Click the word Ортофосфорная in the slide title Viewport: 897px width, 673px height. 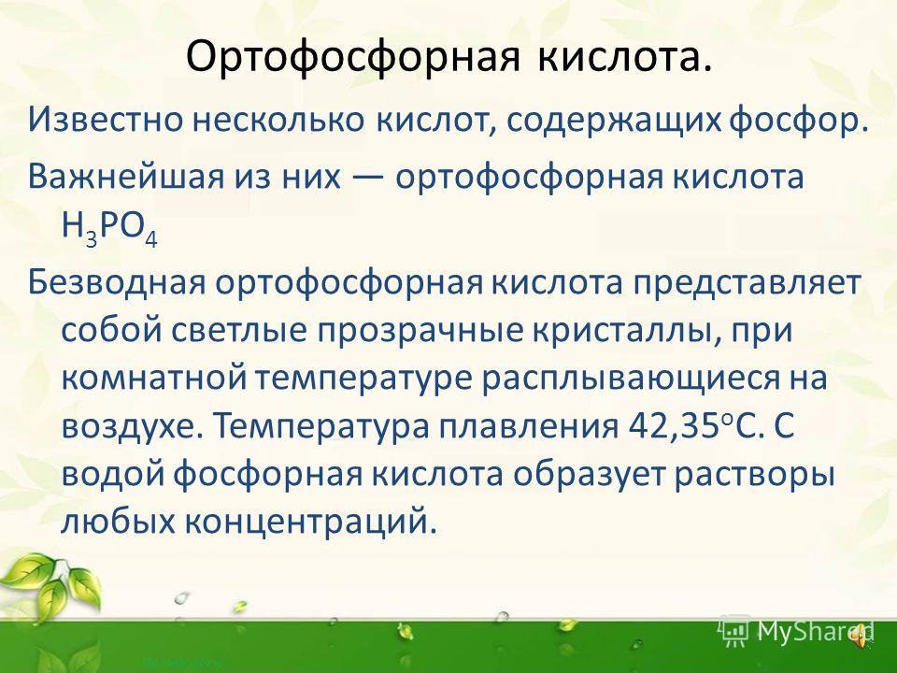click(353, 58)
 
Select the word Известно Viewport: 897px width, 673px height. click(106, 120)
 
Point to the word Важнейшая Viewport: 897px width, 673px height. click(126, 177)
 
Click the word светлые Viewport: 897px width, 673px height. click(241, 331)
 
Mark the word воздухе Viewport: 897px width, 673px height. click(132, 427)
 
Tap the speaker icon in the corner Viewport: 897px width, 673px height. click(860, 636)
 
